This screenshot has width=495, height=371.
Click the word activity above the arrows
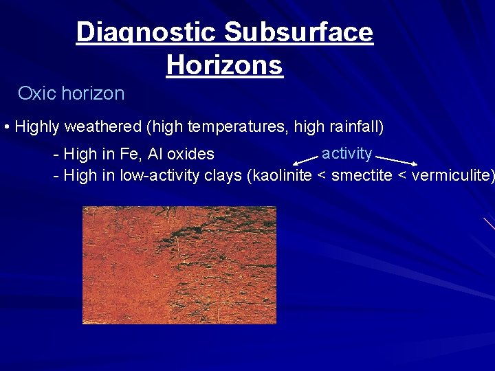[346, 153]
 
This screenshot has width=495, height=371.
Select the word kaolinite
[283, 175]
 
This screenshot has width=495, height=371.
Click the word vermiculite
[450, 175]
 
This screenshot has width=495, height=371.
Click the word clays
[223, 175]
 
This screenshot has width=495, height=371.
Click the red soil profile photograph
[179, 265]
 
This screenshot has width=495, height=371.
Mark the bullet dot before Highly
[6, 128]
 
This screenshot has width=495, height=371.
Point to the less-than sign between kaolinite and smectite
[322, 175]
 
